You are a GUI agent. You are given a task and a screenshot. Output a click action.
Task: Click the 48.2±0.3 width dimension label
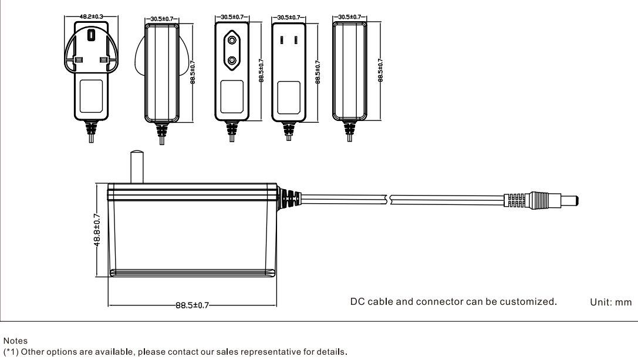pos(91,16)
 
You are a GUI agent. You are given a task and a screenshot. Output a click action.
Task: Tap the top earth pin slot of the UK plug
pos(91,35)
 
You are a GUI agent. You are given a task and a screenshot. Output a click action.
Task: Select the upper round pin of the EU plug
pos(232,40)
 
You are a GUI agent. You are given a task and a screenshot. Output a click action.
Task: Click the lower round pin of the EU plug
pos(232,60)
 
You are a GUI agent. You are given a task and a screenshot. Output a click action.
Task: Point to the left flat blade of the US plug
pos(282,40)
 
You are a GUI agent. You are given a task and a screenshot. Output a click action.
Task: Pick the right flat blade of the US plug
pos(296,40)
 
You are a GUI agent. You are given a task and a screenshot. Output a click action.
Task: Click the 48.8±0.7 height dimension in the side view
pos(97,230)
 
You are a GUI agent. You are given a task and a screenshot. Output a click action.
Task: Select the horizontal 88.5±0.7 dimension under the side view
pos(192,305)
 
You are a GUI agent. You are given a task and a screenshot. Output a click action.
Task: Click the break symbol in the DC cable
pos(389,200)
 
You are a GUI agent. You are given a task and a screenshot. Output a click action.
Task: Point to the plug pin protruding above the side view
pos(137,167)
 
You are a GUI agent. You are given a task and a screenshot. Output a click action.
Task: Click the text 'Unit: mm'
pos(611,302)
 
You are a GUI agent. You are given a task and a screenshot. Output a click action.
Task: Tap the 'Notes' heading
pos(15,341)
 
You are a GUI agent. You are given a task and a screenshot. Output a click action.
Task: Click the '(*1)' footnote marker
pos(11,352)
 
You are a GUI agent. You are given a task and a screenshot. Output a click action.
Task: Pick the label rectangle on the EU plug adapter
pos(232,97)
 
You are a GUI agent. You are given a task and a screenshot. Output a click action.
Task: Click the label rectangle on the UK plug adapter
pos(91,96)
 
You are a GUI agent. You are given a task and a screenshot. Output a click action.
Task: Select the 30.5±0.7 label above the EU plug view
pos(232,17)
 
